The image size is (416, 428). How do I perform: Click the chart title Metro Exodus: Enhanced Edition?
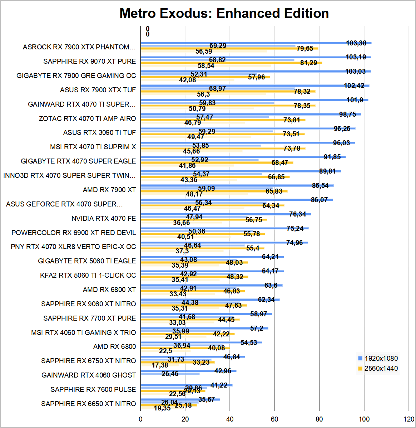coord(224,14)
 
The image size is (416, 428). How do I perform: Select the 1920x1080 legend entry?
coord(381,358)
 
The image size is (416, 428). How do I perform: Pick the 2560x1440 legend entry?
coord(381,368)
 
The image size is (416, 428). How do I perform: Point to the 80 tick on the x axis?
coord(319,419)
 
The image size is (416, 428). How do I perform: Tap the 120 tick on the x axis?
coord(408,419)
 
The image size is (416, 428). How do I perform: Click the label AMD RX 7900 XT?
coord(109,190)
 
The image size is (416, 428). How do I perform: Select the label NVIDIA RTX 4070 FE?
coord(104,218)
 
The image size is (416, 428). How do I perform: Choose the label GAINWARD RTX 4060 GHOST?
coord(89,375)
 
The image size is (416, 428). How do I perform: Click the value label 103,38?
coord(356,43)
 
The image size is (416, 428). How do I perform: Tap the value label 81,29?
coord(308,63)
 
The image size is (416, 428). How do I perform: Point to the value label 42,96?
coord(223,371)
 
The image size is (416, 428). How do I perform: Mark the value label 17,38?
coord(160,365)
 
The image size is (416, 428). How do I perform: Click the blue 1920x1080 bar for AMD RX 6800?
coord(201,342)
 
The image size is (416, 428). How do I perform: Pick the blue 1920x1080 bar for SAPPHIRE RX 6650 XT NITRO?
coord(180,399)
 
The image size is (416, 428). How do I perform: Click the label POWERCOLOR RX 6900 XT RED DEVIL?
coord(74,233)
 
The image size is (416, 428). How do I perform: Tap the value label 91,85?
coord(332,157)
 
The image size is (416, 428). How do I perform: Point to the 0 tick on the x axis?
coord(141,419)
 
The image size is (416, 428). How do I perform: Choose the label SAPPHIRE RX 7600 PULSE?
coord(93,389)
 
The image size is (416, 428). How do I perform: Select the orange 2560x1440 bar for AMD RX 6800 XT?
coord(193,291)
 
